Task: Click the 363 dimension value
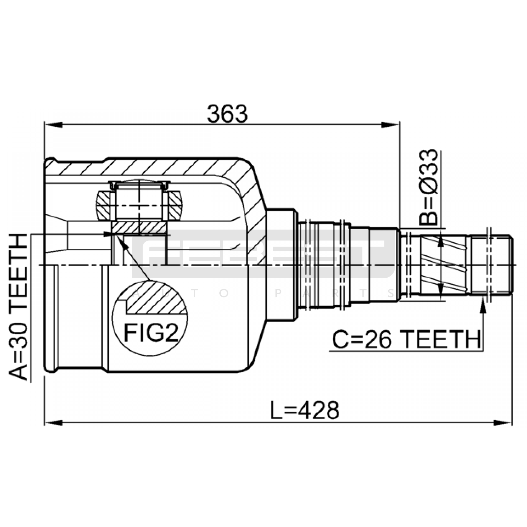tap(227, 114)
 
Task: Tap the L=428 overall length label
tap(304, 410)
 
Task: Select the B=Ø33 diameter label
tap(429, 187)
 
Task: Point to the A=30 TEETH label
tap(18, 307)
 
